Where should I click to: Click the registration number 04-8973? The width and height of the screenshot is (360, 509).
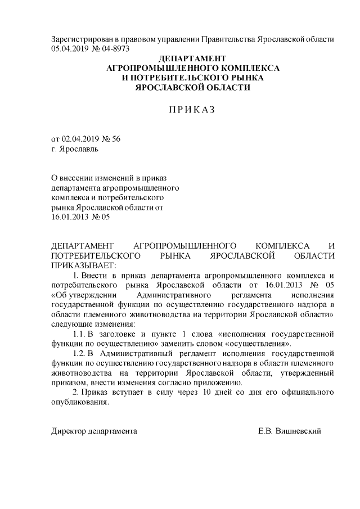pos(115,48)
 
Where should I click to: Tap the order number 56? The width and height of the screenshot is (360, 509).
pos(116,138)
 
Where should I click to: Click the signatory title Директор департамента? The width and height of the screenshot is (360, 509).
pos(94,431)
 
